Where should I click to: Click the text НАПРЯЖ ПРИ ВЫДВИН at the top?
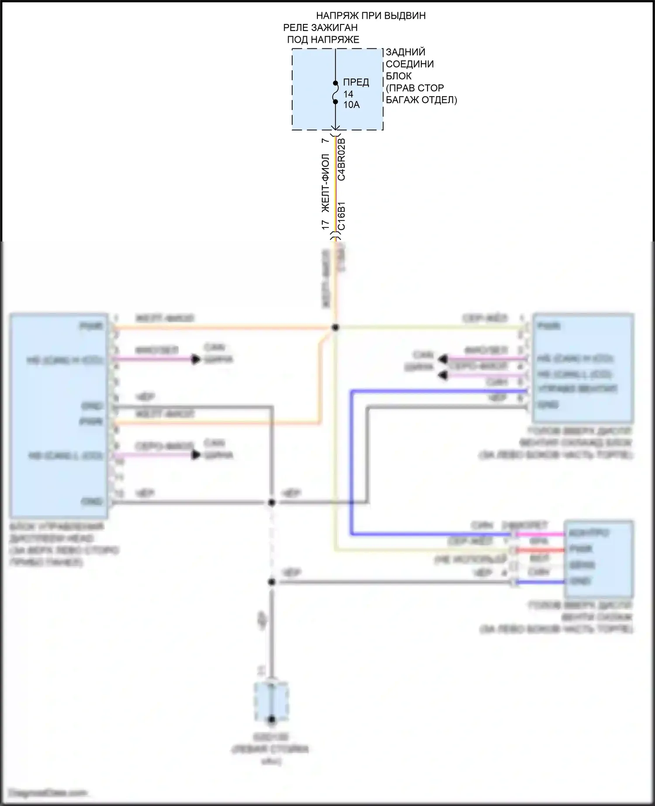point(371,16)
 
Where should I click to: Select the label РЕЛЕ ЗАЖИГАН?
point(321,28)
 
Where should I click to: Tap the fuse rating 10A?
point(352,105)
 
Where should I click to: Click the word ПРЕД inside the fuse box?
point(356,83)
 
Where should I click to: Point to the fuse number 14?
point(348,94)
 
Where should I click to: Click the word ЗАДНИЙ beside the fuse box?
point(405,52)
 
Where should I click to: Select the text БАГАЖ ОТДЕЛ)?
point(421,100)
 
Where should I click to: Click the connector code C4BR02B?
point(341,159)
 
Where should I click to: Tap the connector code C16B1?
point(341,216)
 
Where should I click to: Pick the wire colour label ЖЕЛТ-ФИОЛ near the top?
point(326,183)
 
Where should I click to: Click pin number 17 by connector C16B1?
point(326,225)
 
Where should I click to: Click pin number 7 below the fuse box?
point(324,141)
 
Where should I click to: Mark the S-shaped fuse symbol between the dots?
point(335,93)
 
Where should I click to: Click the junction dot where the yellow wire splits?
point(335,327)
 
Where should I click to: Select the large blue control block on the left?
point(59,415)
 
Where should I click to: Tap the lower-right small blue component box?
point(599,559)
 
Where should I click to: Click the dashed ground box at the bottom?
point(271,703)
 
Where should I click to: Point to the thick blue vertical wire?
point(351,463)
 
